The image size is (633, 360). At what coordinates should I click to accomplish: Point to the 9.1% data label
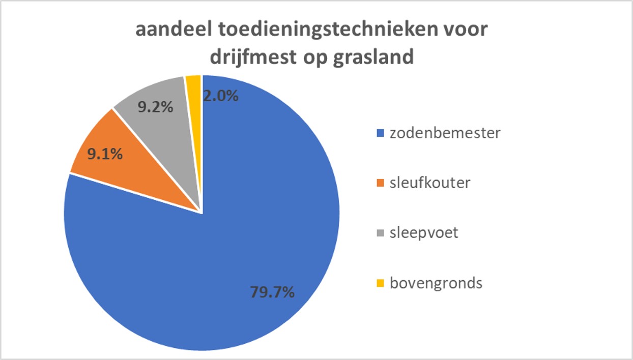click(104, 154)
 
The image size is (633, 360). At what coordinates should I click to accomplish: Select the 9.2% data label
click(155, 108)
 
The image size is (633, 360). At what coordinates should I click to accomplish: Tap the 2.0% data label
click(220, 96)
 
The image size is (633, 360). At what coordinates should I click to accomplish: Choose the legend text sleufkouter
click(430, 183)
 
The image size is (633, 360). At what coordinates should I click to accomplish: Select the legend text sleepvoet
click(424, 233)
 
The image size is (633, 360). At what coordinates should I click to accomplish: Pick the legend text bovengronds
click(436, 283)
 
